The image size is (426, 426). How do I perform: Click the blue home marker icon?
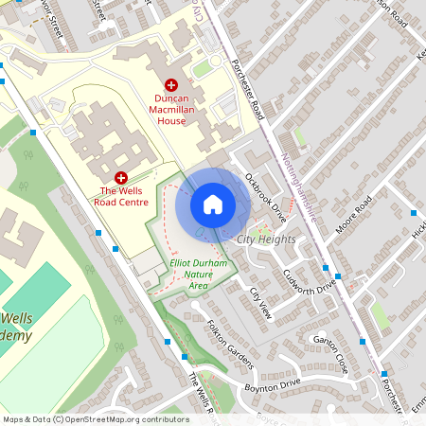(213, 204)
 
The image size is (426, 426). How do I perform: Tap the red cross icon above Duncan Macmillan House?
(171, 85)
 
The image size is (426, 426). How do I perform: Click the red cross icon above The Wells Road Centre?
(121, 177)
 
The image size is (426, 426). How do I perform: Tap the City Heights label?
(266, 240)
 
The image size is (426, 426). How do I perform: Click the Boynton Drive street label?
(272, 384)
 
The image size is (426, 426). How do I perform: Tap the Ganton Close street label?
(331, 351)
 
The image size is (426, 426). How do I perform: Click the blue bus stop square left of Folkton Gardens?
(168, 342)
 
